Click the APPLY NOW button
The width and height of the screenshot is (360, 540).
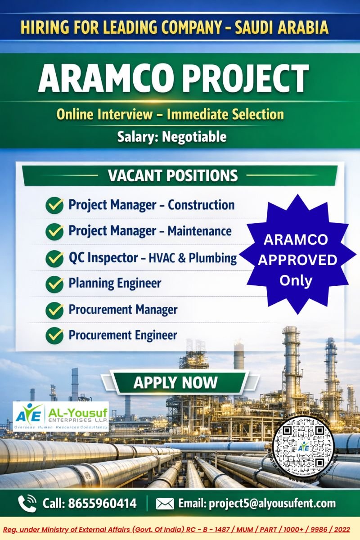pyautogui.click(x=175, y=383)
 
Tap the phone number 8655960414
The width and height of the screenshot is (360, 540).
pyautogui.click(x=102, y=503)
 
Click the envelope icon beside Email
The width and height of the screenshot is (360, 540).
pyautogui.click(x=165, y=504)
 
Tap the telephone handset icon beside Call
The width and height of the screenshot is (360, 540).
pyautogui.click(x=27, y=503)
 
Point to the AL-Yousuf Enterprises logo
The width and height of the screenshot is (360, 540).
pyautogui.click(x=61, y=416)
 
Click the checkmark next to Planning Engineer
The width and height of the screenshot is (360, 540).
pyautogui.click(x=55, y=284)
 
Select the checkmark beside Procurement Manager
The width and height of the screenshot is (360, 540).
pyautogui.click(x=55, y=310)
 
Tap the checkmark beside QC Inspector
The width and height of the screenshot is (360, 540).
pyautogui.click(x=55, y=258)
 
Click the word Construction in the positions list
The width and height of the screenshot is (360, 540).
pyautogui.click(x=201, y=205)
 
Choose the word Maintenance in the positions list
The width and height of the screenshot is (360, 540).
pyautogui.click(x=199, y=231)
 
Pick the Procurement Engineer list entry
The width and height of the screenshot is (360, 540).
pyautogui.click(x=122, y=335)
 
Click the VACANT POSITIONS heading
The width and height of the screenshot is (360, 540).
pyautogui.click(x=173, y=175)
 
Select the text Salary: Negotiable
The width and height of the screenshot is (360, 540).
pyautogui.click(x=172, y=136)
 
